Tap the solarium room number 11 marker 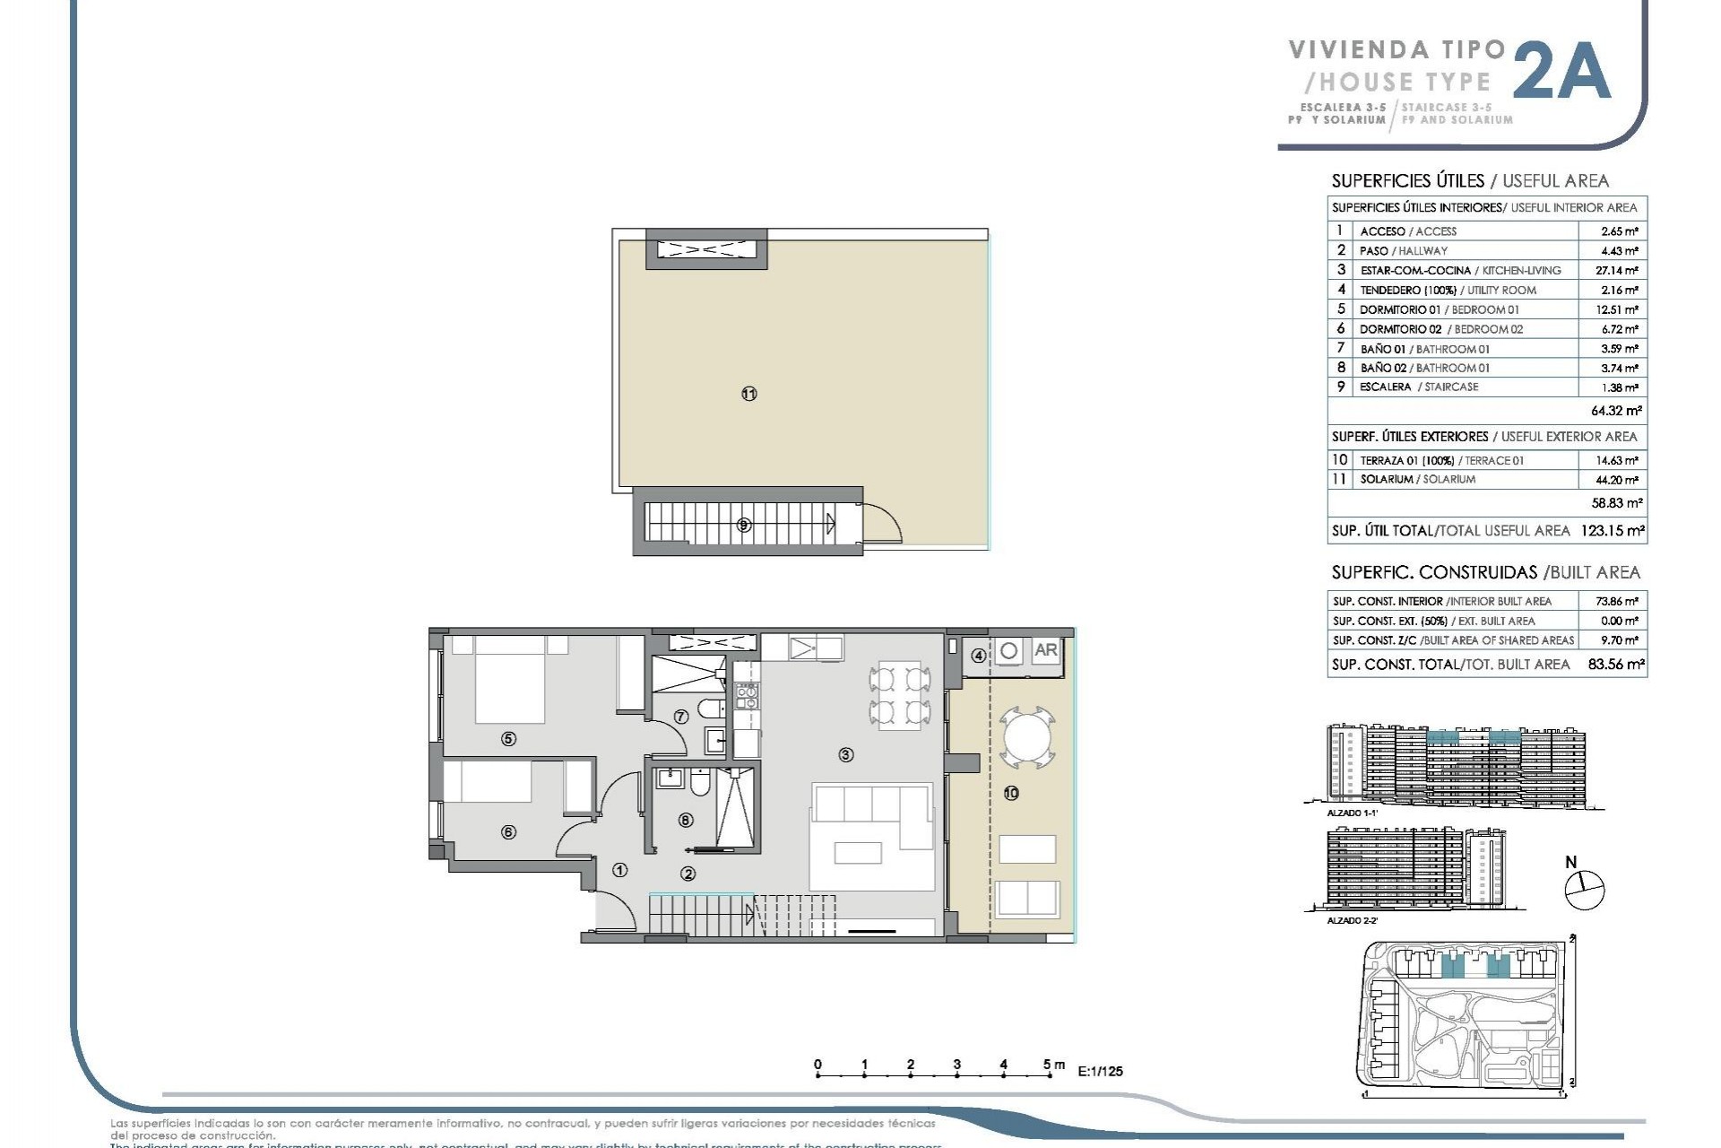(749, 394)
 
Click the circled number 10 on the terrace (1011, 793)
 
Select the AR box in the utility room (1045, 650)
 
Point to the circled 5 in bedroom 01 (508, 739)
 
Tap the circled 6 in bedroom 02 (508, 831)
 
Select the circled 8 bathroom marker (686, 819)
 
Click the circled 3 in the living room (845, 755)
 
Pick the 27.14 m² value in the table (1619, 270)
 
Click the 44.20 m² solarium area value (1619, 480)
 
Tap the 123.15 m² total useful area (1612, 530)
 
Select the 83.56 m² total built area (1615, 665)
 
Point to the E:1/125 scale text (1100, 1071)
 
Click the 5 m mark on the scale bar (1049, 1067)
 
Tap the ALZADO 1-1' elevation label (1352, 813)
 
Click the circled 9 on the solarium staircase (743, 526)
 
